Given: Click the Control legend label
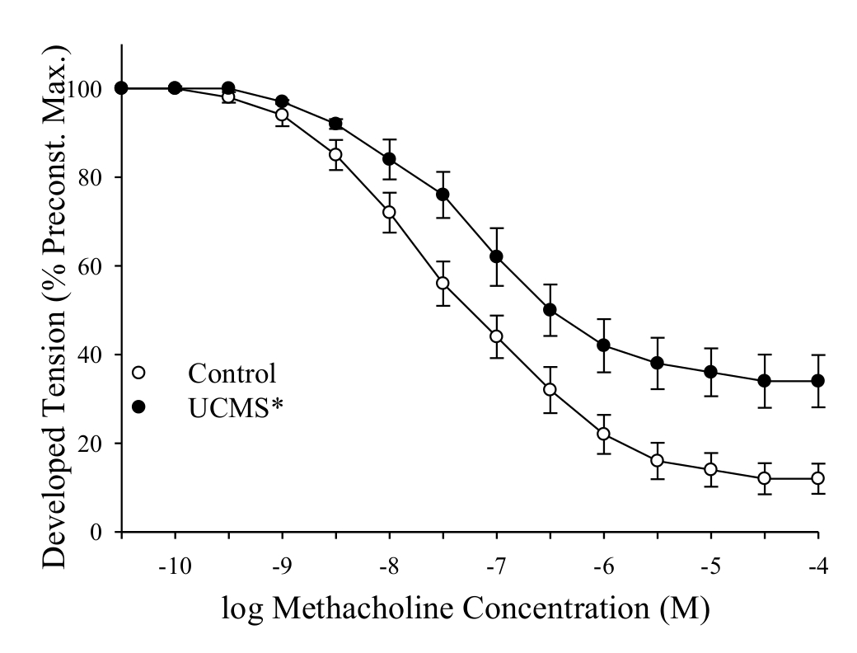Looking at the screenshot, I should tap(232, 373).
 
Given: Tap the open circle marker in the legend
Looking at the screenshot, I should tap(138, 373).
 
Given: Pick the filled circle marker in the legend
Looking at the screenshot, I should tap(138, 406).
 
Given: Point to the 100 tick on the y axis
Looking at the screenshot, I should tap(100, 89).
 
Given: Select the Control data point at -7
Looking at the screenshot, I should tap(496, 336).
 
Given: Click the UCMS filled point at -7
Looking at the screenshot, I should tap(496, 256).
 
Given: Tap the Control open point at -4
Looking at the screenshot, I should tap(818, 478).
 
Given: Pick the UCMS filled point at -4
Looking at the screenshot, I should tap(818, 381).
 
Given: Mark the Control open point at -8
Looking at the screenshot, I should tap(389, 212).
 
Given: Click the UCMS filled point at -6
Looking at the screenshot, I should tap(603, 345).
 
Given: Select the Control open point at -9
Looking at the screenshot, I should tap(282, 115).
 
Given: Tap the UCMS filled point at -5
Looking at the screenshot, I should tap(710, 372).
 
